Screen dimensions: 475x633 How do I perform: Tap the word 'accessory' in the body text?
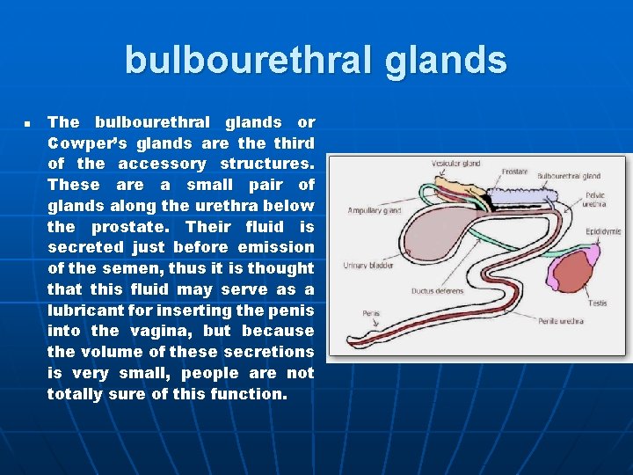click(163, 164)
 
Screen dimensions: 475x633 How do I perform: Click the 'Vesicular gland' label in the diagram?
click(455, 164)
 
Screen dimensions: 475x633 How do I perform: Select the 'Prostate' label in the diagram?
click(514, 172)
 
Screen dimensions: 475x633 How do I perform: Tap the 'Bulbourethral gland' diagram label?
click(568, 177)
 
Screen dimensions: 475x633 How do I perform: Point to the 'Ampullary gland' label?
click(374, 211)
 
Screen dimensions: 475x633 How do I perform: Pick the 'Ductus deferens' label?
click(437, 291)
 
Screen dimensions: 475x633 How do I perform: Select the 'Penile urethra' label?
click(560, 321)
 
